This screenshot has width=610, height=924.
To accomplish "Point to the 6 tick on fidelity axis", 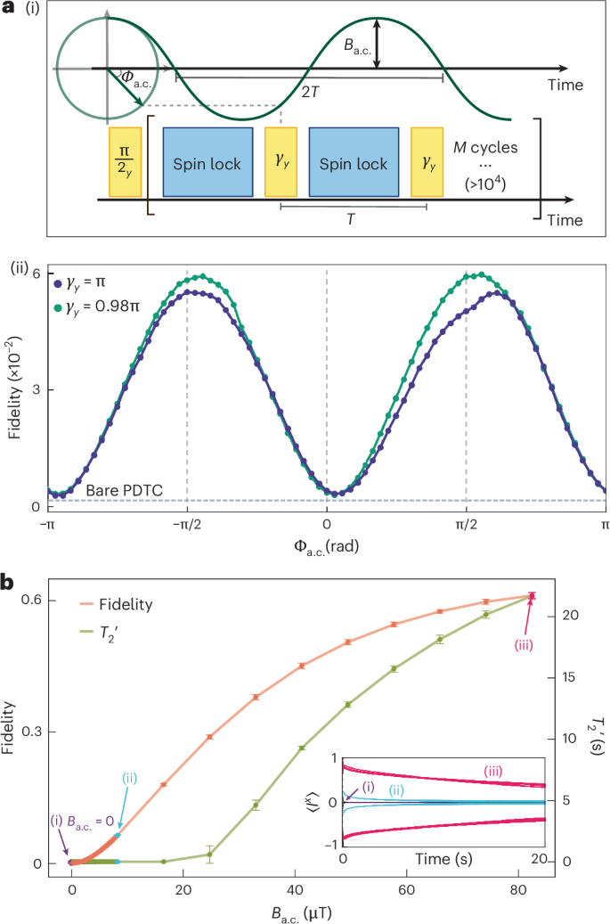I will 37,273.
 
